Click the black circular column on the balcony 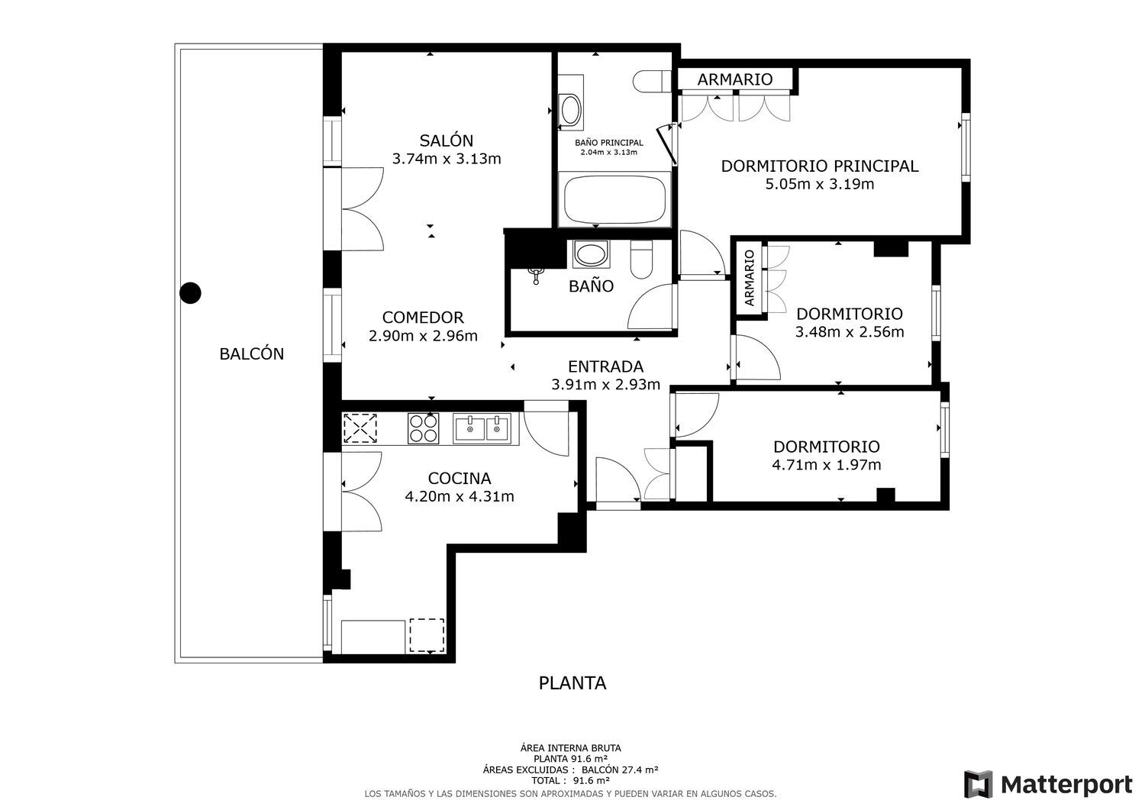pyautogui.click(x=190, y=293)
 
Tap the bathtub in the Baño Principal pyautogui.click(x=614, y=199)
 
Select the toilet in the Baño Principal pyautogui.click(x=652, y=81)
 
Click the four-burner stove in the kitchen pyautogui.click(x=423, y=428)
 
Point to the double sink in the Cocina pyautogui.click(x=482, y=428)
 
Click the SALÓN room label pyautogui.click(x=447, y=140)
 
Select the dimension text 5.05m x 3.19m pyautogui.click(x=819, y=184)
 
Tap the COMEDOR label pyautogui.click(x=423, y=318)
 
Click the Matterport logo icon pyautogui.click(x=978, y=784)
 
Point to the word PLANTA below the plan pyautogui.click(x=572, y=683)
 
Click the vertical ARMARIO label pyautogui.click(x=750, y=278)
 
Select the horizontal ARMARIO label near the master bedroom pyautogui.click(x=734, y=79)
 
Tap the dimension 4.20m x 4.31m pyautogui.click(x=459, y=496)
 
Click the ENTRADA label pyautogui.click(x=606, y=366)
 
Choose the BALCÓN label pyautogui.click(x=251, y=354)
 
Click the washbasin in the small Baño pyautogui.click(x=591, y=254)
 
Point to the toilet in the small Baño pyautogui.click(x=641, y=260)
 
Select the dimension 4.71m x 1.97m pyautogui.click(x=827, y=465)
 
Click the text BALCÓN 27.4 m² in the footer pyautogui.click(x=620, y=770)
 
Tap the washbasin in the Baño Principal pyautogui.click(x=570, y=109)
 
